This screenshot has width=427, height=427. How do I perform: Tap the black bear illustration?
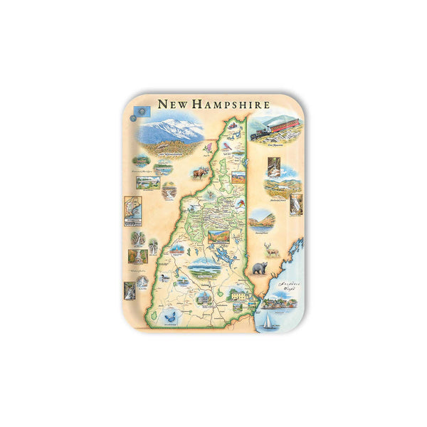tap(258, 269)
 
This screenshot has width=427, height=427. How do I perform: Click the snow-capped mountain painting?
tap(169, 131)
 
